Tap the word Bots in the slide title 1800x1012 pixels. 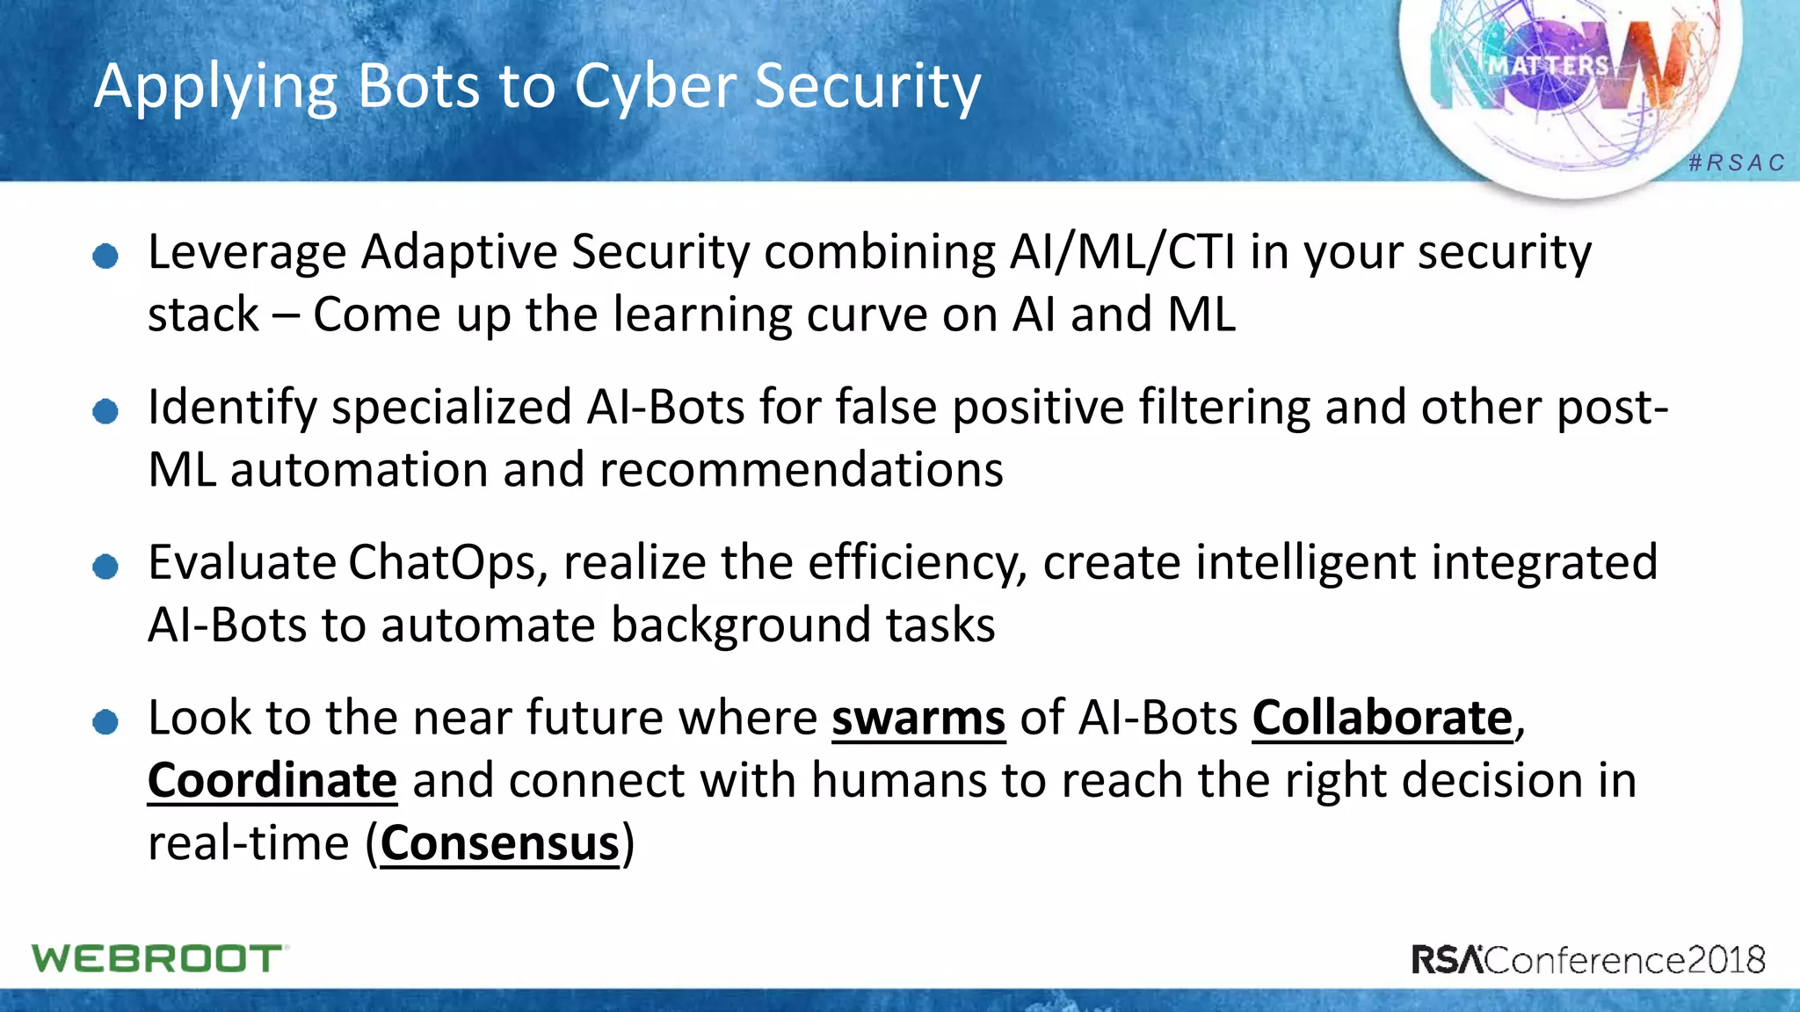(419, 87)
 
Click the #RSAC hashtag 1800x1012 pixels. (1737, 163)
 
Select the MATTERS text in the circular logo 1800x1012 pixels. (1548, 66)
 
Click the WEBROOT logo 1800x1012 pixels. (159, 958)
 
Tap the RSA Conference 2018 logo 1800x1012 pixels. (1588, 959)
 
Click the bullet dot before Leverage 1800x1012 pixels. (105, 256)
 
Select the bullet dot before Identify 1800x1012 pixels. (105, 411)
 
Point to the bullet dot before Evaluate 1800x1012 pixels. (105, 567)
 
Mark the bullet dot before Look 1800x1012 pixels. (105, 722)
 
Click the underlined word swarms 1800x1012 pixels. (918, 719)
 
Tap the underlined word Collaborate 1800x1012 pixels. (1382, 719)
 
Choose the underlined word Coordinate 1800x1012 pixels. (272, 781)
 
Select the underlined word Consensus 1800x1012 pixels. (499, 844)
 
